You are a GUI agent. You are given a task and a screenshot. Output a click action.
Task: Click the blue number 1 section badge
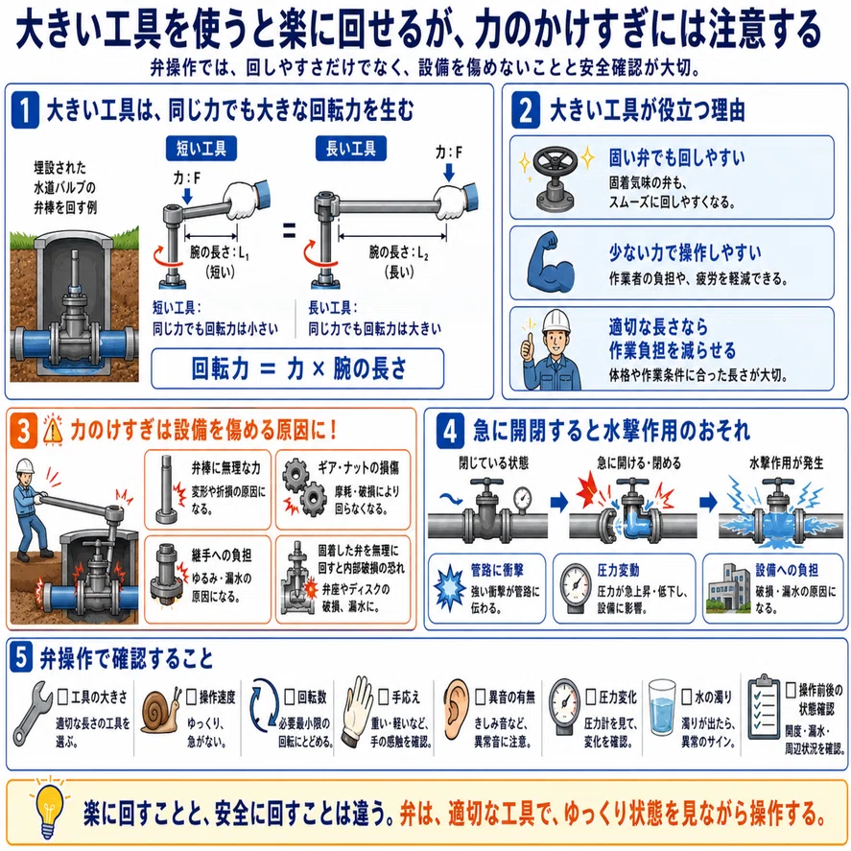pyautogui.click(x=25, y=109)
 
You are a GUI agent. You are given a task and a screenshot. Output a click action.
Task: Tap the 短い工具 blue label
pyautogui.click(x=201, y=148)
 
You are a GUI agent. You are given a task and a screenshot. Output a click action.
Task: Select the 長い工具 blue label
pyautogui.click(x=350, y=148)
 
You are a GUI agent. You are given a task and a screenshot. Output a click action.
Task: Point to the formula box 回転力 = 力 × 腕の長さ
pyautogui.click(x=297, y=368)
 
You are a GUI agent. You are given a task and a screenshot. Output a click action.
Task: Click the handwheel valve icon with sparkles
pyautogui.click(x=556, y=178)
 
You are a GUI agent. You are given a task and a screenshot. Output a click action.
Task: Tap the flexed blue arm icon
pyautogui.click(x=551, y=263)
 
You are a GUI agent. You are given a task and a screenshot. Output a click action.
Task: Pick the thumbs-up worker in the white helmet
pyautogui.click(x=551, y=350)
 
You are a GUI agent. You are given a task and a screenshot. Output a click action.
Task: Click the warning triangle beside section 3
pyautogui.click(x=53, y=431)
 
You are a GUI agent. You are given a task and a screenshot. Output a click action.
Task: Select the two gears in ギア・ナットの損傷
pyautogui.click(x=304, y=486)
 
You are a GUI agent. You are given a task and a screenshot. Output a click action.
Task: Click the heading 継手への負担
pyautogui.click(x=222, y=556)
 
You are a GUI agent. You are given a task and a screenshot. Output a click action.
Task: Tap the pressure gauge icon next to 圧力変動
pyautogui.click(x=576, y=588)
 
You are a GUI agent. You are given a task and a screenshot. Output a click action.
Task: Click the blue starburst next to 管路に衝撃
pyautogui.click(x=450, y=588)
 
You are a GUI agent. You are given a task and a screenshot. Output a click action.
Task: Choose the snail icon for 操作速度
pyautogui.click(x=160, y=712)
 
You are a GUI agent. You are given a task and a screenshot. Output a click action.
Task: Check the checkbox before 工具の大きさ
pyautogui.click(x=63, y=697)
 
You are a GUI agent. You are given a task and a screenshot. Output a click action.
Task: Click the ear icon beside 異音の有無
pyautogui.click(x=456, y=709)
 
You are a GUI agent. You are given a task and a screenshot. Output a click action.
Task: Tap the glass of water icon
pyautogui.click(x=662, y=707)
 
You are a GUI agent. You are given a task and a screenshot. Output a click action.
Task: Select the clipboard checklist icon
pyautogui.click(x=764, y=707)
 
